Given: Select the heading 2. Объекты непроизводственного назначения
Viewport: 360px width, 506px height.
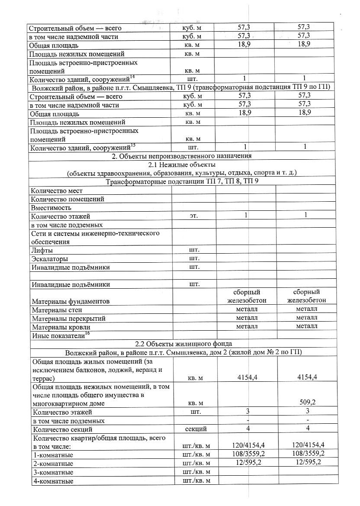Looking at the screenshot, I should pyautogui.click(x=182, y=156).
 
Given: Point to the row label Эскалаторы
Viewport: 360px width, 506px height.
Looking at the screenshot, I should pyautogui.click(x=50, y=259).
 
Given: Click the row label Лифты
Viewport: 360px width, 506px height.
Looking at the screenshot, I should pyautogui.click(x=42, y=250).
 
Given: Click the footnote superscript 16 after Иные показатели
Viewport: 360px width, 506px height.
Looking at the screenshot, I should pyautogui.click(x=87, y=333).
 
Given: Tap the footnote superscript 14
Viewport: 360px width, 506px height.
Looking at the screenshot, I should pyautogui.click(x=132, y=77).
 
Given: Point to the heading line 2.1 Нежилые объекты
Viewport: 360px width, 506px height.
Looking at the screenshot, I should pyautogui.click(x=182, y=165).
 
